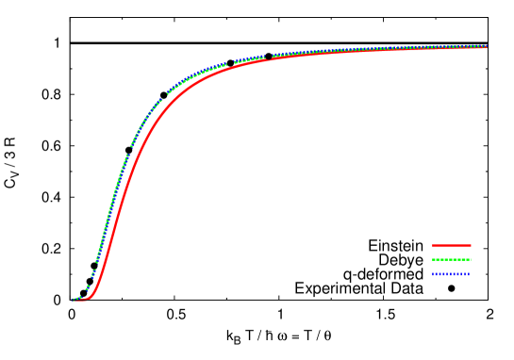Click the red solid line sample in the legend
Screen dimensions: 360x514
point(451,245)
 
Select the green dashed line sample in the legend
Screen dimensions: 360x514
point(451,259)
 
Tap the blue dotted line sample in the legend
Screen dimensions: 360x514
point(451,274)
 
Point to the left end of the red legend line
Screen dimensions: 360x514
point(433,245)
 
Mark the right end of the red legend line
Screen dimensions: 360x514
point(470,245)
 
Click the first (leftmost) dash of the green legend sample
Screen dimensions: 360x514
point(435,259)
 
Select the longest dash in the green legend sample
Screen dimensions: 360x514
point(462,259)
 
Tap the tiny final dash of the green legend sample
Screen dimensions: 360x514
point(470,259)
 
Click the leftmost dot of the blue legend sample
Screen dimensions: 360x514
point(433,274)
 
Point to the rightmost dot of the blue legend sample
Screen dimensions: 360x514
point(469,274)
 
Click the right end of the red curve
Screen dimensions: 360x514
point(486,47)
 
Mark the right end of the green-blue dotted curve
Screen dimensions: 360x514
point(486,45)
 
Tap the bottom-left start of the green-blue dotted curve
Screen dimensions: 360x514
point(74,300)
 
